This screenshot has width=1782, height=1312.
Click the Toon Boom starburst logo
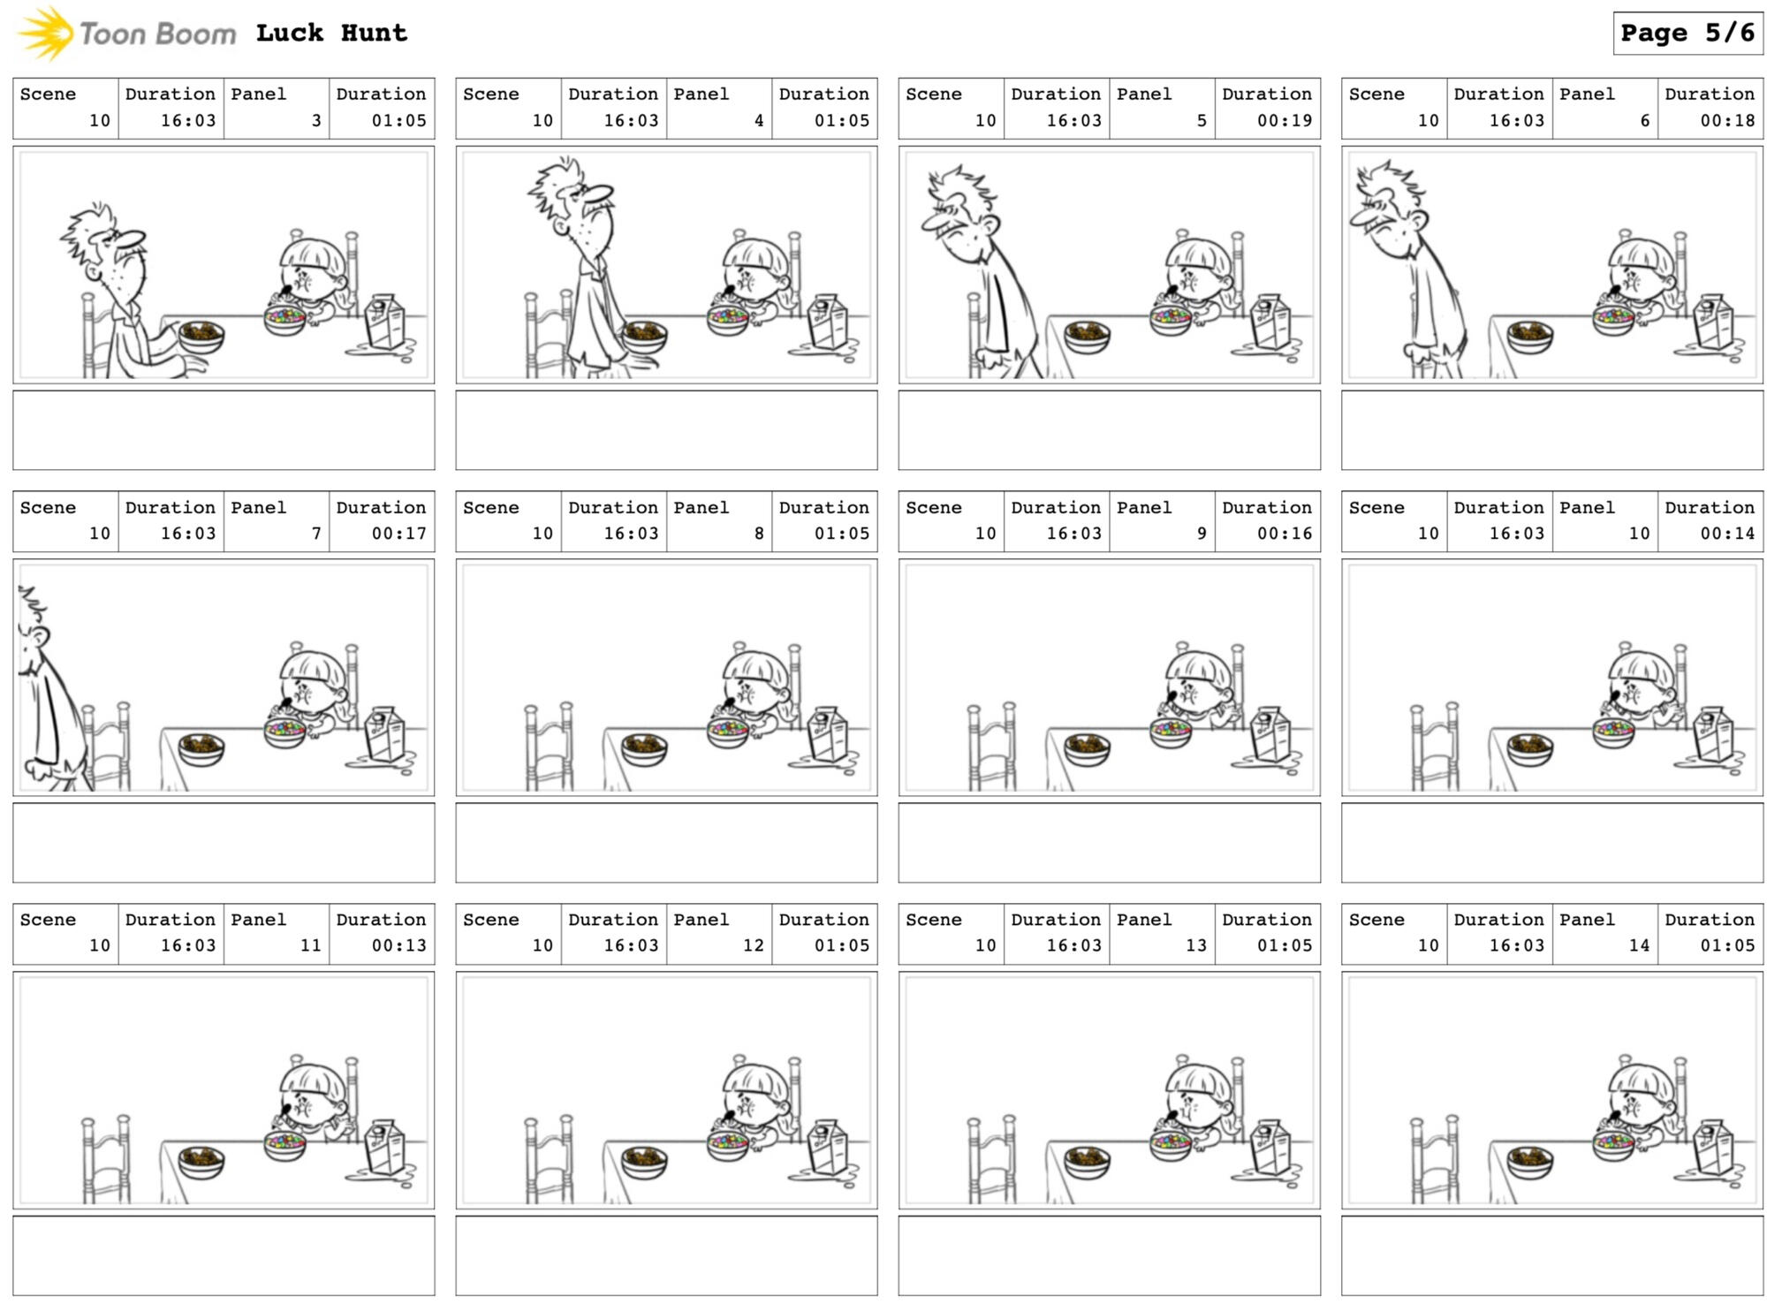46,34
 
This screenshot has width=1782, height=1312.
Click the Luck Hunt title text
331,34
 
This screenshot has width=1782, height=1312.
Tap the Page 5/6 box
1687,34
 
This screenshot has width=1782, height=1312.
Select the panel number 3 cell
277,108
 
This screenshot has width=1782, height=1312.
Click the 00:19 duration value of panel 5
1284,120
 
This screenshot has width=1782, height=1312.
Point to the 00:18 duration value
1727,120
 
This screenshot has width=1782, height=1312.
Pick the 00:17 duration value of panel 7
398,534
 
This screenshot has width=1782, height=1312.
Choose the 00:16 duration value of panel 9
1284,534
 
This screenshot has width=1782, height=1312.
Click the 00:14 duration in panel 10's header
1727,534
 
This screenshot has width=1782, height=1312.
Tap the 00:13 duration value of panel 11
398,945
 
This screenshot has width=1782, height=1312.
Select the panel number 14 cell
1604,933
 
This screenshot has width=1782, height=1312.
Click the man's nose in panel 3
133,239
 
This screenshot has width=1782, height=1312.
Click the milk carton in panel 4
827,322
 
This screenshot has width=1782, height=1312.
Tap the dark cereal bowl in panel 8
644,749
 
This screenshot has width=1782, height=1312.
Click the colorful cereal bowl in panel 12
728,1144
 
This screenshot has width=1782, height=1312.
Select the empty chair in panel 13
991,1161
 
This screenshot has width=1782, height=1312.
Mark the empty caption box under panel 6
1552,430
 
